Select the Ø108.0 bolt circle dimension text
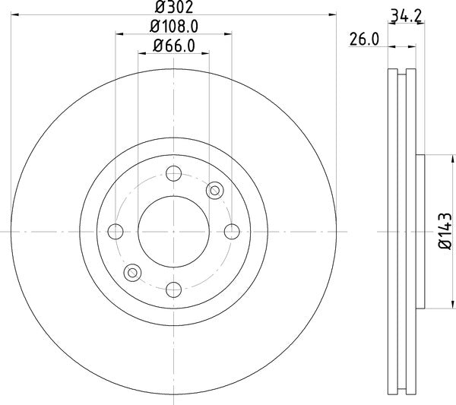pos(173,27)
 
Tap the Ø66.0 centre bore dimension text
pos(174,46)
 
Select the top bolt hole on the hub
pos(173,173)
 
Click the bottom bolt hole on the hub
pos(173,288)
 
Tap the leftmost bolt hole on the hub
pos(116,231)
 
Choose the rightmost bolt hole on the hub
pos(231,231)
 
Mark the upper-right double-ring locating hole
pos(214,190)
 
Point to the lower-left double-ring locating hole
pos(133,271)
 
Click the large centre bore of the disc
pos(173,231)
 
